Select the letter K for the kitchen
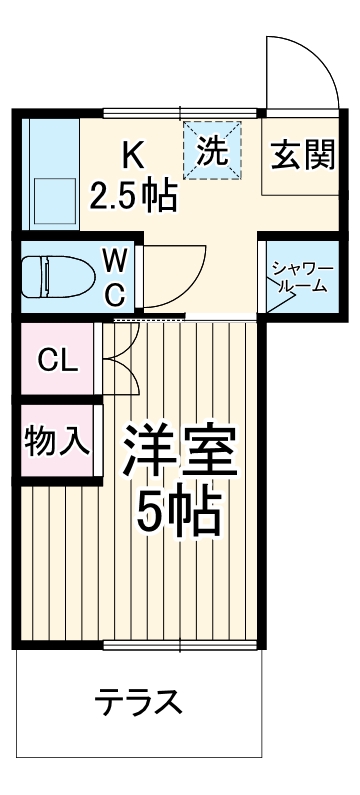(133, 155)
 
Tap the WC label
(116, 277)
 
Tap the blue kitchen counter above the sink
(46, 145)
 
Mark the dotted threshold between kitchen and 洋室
(150, 319)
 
